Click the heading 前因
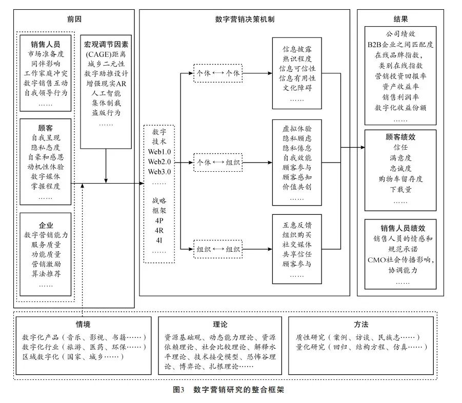click(x=74, y=19)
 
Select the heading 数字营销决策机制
click(x=244, y=19)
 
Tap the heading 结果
click(x=400, y=19)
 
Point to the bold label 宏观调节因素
click(x=107, y=44)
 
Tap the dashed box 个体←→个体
click(x=218, y=73)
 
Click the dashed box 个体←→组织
click(x=218, y=163)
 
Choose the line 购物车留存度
click(x=400, y=178)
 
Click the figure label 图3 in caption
click(x=179, y=389)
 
